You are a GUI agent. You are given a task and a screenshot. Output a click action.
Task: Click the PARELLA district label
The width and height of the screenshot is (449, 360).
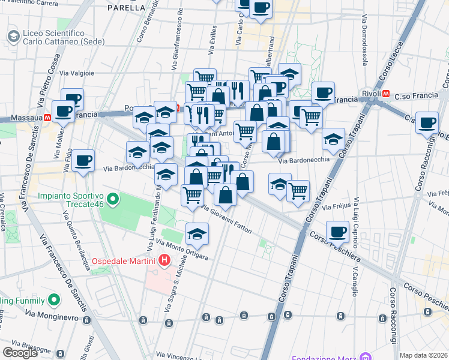click(x=126, y=8)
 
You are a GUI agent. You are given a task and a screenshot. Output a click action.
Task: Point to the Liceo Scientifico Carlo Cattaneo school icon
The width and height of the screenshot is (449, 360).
click(x=13, y=37)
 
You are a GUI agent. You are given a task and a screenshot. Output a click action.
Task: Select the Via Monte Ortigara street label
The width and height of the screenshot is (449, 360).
click(x=182, y=249)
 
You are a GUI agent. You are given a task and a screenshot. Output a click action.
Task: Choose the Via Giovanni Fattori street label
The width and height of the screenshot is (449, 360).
click(x=226, y=220)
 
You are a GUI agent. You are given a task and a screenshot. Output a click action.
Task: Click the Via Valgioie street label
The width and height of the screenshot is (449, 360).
click(x=78, y=73)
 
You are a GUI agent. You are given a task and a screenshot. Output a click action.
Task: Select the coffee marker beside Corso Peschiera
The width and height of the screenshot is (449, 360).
click(x=337, y=231)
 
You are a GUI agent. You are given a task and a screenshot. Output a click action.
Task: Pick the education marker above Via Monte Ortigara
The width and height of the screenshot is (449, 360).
click(x=196, y=234)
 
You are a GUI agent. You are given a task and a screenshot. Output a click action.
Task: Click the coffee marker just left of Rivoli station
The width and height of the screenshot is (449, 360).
click(x=323, y=92)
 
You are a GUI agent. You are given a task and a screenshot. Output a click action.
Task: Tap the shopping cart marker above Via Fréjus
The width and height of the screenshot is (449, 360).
click(x=298, y=191)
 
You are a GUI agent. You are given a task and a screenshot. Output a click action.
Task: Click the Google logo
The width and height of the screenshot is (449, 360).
click(x=20, y=352)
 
